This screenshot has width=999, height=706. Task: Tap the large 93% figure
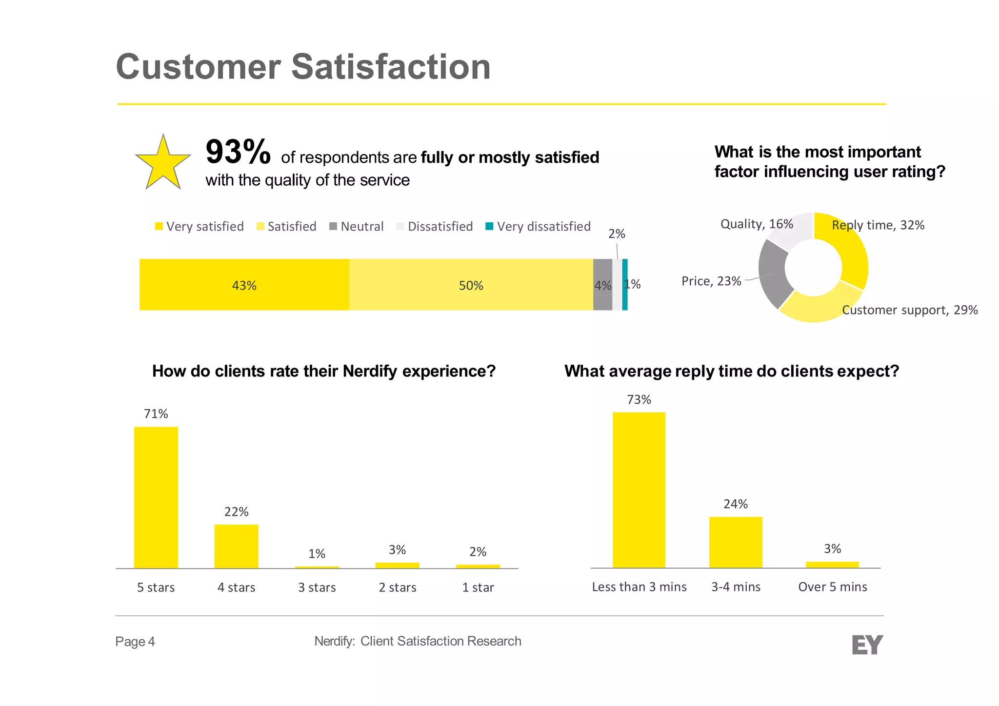pos(238,152)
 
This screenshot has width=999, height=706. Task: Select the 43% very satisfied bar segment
pos(244,285)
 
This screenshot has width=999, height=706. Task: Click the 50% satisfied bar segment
pos(471,285)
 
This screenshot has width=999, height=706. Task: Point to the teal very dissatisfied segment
pos(625,285)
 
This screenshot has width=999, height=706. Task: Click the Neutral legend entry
pos(357,227)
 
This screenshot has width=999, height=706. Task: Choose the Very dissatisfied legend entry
pos(538,227)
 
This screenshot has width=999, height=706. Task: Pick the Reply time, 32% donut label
pos(878,225)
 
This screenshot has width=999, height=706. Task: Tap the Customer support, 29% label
pos(910,310)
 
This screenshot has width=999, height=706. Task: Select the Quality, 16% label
pos(757,224)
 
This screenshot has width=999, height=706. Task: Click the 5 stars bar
pos(156,497)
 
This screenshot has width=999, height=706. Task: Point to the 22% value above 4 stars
pos(237,512)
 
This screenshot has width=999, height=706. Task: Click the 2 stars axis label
pos(398,588)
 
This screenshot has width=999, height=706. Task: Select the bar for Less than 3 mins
pos(639,490)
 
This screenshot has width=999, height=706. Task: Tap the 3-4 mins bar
pos(736,542)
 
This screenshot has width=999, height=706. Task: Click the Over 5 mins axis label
pos(833,587)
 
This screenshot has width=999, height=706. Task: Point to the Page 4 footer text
pos(135,642)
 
